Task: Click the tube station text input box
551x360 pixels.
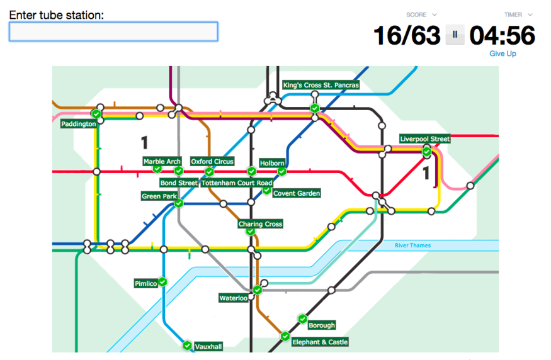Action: [113, 31]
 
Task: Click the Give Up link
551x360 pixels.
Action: [503, 54]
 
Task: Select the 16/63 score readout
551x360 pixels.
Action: [407, 35]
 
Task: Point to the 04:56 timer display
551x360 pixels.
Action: [502, 35]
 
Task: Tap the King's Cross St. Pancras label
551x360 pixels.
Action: [321, 85]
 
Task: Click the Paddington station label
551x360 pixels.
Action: [79, 124]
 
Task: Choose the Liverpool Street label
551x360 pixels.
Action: [425, 139]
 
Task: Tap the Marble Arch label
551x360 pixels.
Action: [162, 162]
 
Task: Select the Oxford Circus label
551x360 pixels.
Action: [212, 162]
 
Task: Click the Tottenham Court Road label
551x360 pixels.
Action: [237, 183]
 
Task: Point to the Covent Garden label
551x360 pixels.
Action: [297, 193]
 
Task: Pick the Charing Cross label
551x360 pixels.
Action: [260, 224]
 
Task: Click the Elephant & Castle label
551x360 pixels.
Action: [320, 342]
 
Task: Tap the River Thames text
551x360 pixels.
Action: [412, 245]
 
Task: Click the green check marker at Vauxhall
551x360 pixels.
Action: [187, 346]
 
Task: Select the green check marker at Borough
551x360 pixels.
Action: [302, 318]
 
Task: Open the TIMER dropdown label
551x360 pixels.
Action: [518, 14]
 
